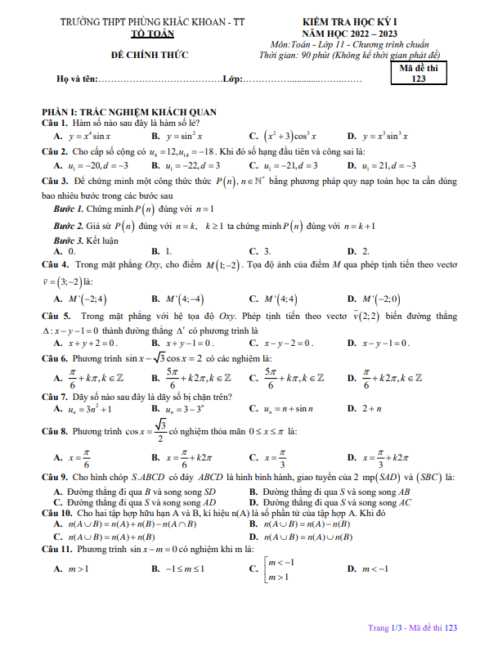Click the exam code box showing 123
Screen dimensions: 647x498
(x=419, y=74)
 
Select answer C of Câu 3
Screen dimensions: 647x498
(x=262, y=251)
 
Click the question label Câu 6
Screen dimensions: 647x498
(x=55, y=358)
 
